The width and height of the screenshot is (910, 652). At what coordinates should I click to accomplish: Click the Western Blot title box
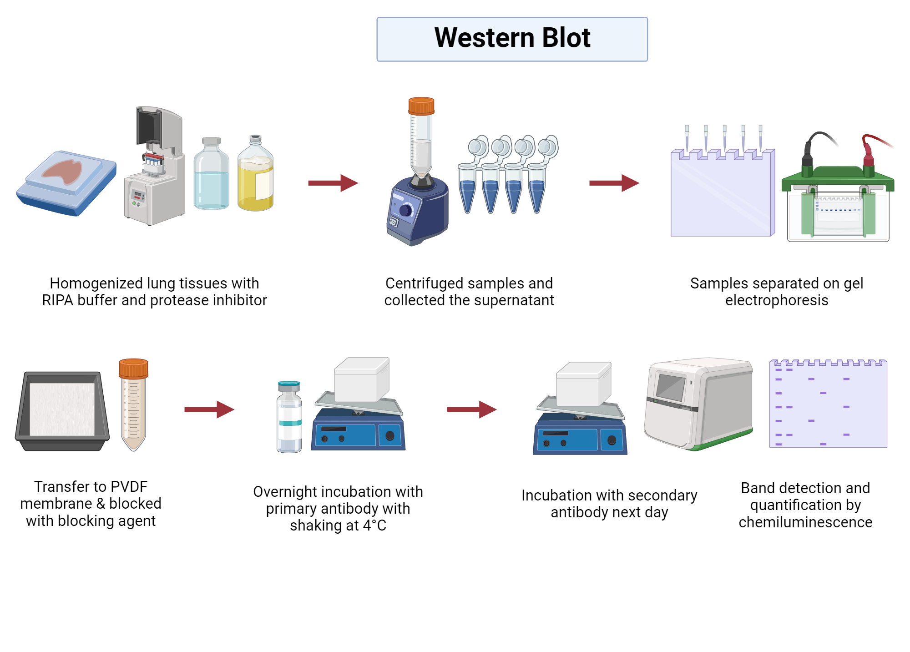(512, 39)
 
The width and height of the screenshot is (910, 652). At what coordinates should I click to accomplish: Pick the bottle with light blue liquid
(211, 177)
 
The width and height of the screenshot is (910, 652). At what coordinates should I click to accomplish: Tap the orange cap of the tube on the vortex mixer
(421, 106)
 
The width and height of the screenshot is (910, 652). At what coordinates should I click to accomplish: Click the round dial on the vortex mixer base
(405, 210)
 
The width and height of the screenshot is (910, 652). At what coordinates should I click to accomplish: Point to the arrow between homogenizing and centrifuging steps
(333, 183)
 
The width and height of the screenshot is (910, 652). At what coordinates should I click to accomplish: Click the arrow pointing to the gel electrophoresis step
(614, 183)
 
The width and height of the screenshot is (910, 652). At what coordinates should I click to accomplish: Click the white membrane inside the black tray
(62, 409)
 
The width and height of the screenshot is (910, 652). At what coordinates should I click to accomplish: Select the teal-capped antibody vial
(289, 416)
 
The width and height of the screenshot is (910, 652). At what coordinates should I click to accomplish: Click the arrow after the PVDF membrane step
(209, 409)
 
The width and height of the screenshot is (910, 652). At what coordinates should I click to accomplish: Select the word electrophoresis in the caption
(776, 300)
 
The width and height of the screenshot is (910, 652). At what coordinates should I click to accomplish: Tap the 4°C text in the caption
(374, 526)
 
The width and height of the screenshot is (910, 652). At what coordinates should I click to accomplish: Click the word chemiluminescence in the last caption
(805, 522)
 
